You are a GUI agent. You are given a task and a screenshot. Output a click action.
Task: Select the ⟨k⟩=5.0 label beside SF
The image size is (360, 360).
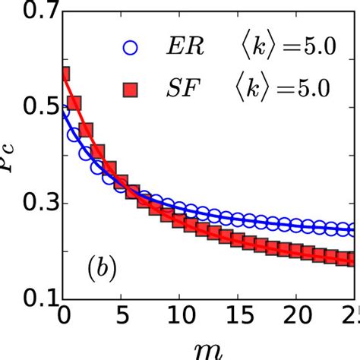[x=278, y=90]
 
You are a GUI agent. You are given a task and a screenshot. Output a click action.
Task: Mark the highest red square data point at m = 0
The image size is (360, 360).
[x=65, y=74]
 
